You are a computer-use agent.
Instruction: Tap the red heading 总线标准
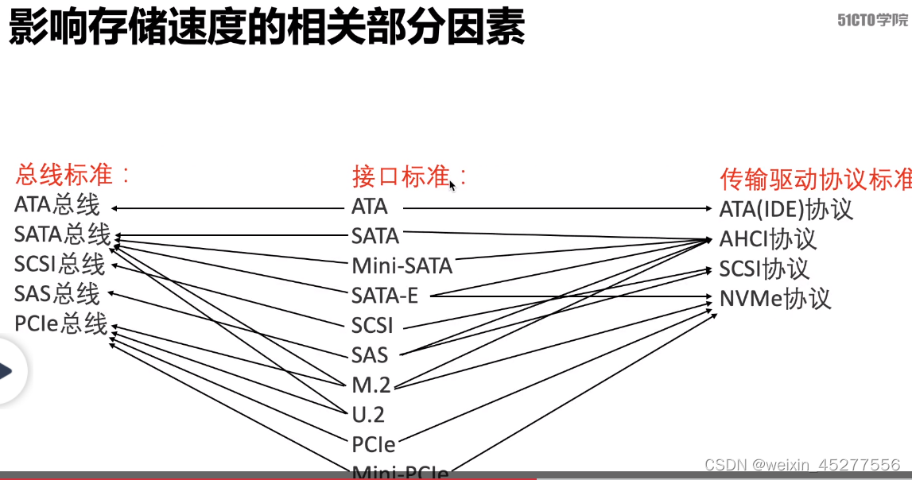72,174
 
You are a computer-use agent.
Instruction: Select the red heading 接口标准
409,176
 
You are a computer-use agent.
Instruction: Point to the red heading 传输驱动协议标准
815,179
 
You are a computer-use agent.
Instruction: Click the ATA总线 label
57,205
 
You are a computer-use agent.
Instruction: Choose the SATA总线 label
62,234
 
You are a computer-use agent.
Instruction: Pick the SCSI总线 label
60,264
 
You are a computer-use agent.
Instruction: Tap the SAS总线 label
57,294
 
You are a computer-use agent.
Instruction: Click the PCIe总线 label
60,323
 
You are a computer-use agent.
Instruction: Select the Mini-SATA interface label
402,265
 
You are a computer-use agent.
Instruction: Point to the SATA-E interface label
385,296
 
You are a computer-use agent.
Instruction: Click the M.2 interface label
371,385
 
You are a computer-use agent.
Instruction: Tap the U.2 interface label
368,414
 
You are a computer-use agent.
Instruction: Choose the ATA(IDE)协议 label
786,209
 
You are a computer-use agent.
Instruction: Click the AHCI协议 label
767,239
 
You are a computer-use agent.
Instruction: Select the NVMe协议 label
774,299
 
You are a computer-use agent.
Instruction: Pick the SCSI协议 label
763,269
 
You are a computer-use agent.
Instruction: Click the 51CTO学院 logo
872,21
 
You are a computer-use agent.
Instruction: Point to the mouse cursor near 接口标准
452,185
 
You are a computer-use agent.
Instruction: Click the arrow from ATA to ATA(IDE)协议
557,208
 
